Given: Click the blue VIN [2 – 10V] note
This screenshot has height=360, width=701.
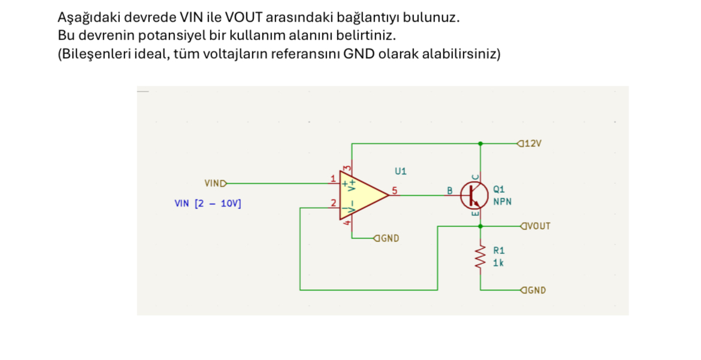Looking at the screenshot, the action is click(x=208, y=204).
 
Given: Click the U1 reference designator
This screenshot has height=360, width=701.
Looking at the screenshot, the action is click(x=401, y=171).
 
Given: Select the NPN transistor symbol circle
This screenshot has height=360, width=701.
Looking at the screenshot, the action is click(x=475, y=196).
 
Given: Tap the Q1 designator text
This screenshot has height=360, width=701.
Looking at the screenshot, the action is click(x=499, y=189).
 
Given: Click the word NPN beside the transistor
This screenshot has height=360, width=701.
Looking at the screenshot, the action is click(x=503, y=202).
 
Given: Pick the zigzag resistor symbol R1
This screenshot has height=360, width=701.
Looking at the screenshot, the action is click(x=481, y=257).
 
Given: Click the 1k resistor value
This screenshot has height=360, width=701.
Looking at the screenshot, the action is click(x=498, y=263).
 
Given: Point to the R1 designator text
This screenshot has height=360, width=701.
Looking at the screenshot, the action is click(x=499, y=250).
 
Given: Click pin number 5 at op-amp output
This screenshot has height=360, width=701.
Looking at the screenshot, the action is click(x=394, y=190).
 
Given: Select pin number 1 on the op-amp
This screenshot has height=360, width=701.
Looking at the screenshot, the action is click(x=333, y=179).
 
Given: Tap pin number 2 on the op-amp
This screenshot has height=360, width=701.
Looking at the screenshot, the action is click(x=333, y=203).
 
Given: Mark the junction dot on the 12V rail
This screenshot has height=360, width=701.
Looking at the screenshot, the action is click(x=481, y=144).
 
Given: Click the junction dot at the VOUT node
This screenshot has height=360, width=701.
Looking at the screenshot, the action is click(x=481, y=226).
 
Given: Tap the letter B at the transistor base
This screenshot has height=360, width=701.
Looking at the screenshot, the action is click(x=450, y=191).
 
